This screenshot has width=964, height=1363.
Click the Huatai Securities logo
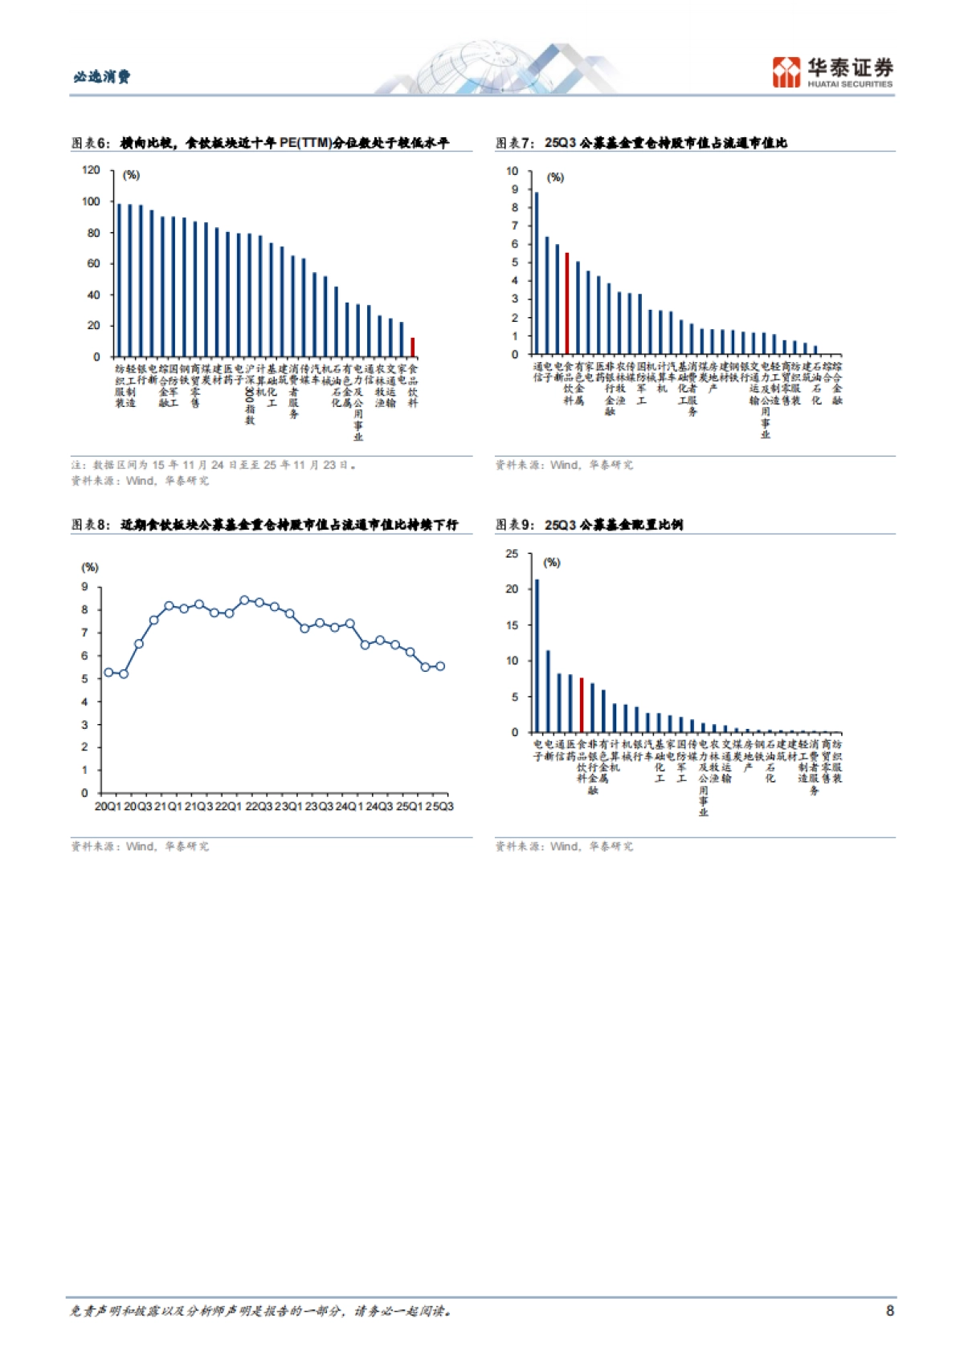click(x=832, y=72)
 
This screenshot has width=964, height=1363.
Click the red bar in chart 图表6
click(x=413, y=348)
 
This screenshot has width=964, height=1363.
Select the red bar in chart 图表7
click(x=567, y=303)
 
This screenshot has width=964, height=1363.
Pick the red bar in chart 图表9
click(x=582, y=706)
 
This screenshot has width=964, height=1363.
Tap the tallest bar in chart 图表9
click(x=537, y=656)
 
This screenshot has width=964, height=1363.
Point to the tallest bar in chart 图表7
click(x=537, y=273)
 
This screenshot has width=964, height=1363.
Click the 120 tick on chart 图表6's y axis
click(x=91, y=170)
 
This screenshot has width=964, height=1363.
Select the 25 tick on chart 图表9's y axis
click(x=512, y=554)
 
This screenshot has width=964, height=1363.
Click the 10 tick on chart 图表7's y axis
click(x=512, y=172)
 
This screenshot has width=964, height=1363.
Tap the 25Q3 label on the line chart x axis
click(x=439, y=806)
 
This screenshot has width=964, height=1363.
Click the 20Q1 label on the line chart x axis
click(x=108, y=806)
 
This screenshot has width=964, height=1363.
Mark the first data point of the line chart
click(x=108, y=673)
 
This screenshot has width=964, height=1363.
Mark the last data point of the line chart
click(x=440, y=666)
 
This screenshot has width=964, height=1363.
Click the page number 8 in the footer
click(x=889, y=1311)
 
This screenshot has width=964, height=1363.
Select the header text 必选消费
click(x=101, y=77)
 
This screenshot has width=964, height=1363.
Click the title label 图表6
click(x=89, y=143)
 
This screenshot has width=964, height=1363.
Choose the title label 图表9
click(x=513, y=525)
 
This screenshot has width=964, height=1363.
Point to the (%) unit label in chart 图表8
click(x=90, y=568)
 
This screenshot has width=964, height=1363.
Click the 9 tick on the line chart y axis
click(x=84, y=587)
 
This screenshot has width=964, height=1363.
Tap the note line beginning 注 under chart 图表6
click(x=213, y=465)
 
